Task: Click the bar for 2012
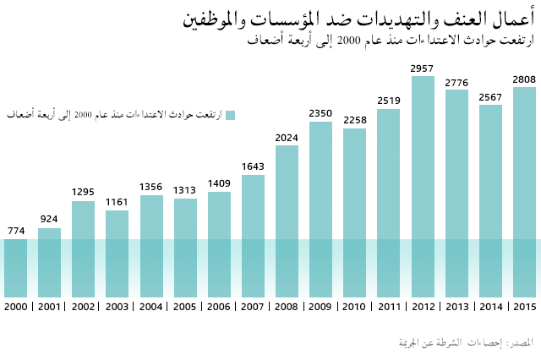tap(423, 186)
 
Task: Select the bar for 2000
tap(16, 267)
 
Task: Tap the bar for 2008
tap(287, 221)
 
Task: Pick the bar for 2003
tap(117, 254)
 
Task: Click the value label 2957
tap(423, 68)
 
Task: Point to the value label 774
tap(16, 231)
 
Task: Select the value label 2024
tap(287, 138)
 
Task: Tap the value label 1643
tap(253, 166)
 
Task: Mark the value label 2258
tap(355, 120)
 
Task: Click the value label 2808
tap(524, 79)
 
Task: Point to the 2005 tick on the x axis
tap(185, 306)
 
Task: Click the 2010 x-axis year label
tap(355, 306)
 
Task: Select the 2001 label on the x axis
tap(50, 306)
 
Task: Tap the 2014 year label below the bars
tap(490, 306)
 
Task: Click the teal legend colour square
tap(229, 115)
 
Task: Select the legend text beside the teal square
tap(113, 115)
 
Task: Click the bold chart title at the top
tap(358, 18)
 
